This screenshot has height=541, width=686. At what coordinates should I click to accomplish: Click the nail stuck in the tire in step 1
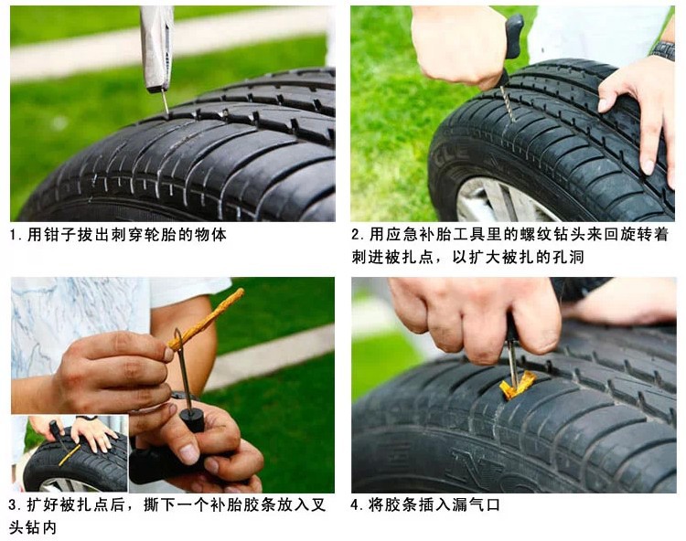165,102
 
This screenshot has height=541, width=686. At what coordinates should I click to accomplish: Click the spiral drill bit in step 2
507,101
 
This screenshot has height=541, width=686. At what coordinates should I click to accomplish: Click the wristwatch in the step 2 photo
662,49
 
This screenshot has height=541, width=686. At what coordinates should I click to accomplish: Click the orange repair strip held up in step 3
207,320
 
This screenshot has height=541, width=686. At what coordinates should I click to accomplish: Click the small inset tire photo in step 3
70,453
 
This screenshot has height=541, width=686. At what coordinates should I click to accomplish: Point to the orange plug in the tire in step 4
517,385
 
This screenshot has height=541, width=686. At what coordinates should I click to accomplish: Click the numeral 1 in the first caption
13,235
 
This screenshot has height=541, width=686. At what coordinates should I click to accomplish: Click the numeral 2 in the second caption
355,235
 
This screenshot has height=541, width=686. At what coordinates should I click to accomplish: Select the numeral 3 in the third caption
13,505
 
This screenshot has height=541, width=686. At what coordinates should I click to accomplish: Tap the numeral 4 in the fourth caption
355,505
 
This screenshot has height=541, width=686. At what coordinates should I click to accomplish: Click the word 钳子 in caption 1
60,235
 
